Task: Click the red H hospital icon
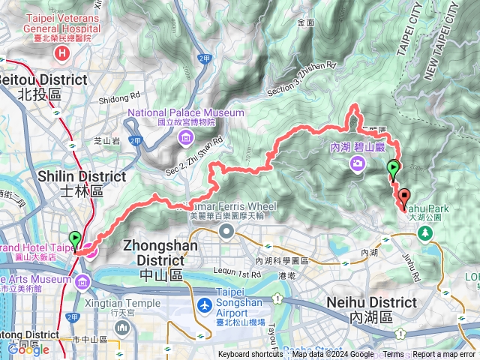(x=62, y=53)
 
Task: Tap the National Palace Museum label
(x=185, y=113)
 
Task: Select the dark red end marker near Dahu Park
(x=405, y=198)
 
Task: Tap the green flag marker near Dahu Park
(x=392, y=169)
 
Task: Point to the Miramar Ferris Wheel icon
(x=226, y=232)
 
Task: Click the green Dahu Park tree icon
(x=425, y=234)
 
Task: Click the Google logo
(x=28, y=349)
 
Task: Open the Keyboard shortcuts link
(x=250, y=355)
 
